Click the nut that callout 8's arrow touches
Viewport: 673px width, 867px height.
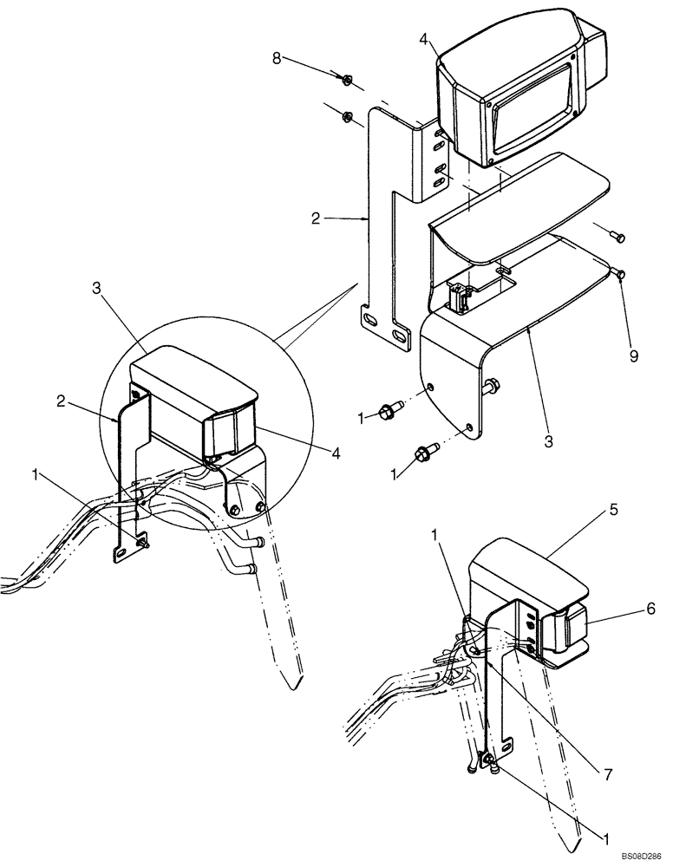point(346,81)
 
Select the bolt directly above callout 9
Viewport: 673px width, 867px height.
point(620,275)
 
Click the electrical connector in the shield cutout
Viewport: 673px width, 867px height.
point(461,297)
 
